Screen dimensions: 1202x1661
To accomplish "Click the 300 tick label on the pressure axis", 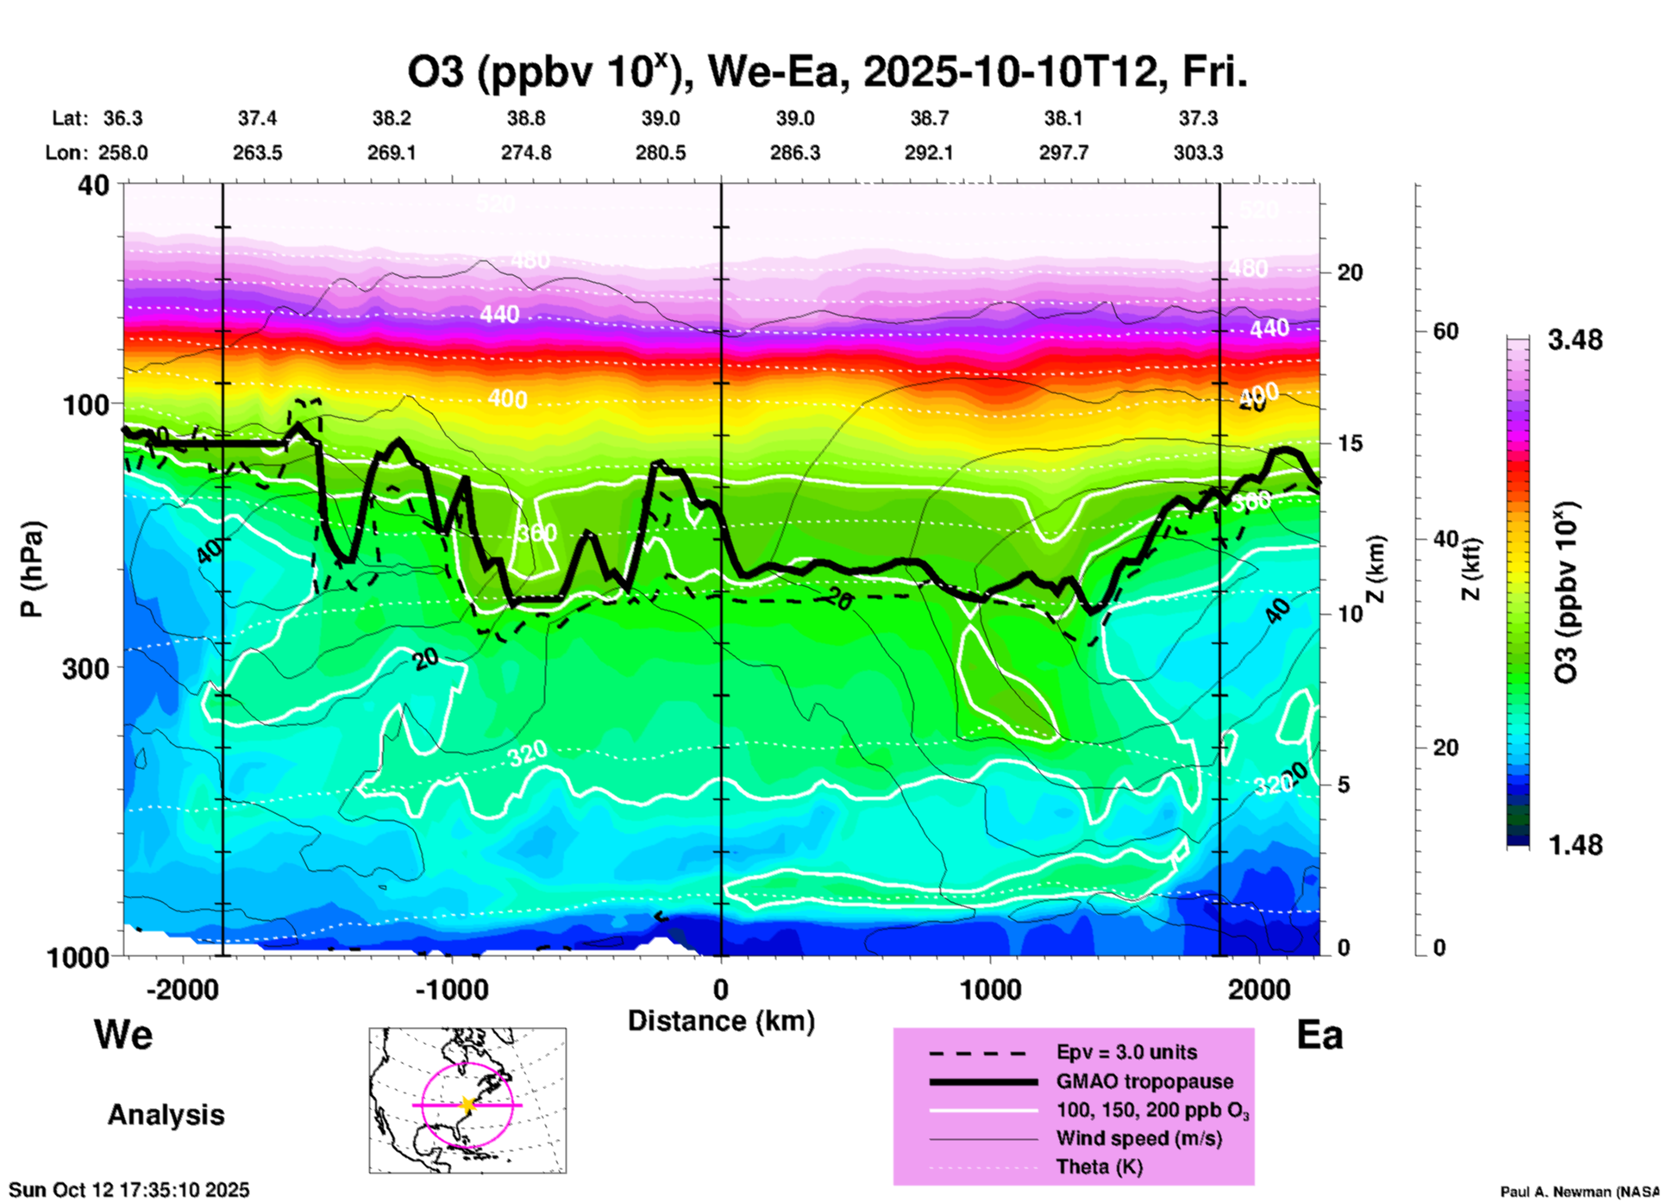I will tap(85, 668).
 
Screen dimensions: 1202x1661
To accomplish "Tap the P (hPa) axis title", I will tap(32, 568).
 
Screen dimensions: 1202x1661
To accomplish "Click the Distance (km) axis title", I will tap(721, 1021).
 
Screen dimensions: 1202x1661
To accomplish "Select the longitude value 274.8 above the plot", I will tap(526, 153).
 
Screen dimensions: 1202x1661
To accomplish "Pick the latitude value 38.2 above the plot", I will tap(392, 119).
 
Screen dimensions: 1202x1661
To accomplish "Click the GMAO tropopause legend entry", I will tap(1144, 1081).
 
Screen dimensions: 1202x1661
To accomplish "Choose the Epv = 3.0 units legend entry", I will tap(1126, 1053).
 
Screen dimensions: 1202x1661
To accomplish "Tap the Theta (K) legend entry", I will tap(1099, 1168).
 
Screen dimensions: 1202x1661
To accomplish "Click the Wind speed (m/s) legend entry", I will tap(1138, 1139).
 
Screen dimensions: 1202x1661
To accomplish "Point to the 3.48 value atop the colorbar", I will tap(1575, 341).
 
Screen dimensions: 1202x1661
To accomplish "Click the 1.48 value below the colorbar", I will tap(1575, 845).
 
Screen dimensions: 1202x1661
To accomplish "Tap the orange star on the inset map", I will tap(467, 1105).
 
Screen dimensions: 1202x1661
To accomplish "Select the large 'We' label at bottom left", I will tap(123, 1034).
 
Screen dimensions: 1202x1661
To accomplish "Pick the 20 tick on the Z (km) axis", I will tap(1350, 273).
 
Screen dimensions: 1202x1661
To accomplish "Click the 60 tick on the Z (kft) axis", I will tap(1445, 332).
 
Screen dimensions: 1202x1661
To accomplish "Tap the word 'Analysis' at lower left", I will tap(166, 1115).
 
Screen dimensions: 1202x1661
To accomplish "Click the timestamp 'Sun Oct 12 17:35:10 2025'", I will tap(129, 1190).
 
